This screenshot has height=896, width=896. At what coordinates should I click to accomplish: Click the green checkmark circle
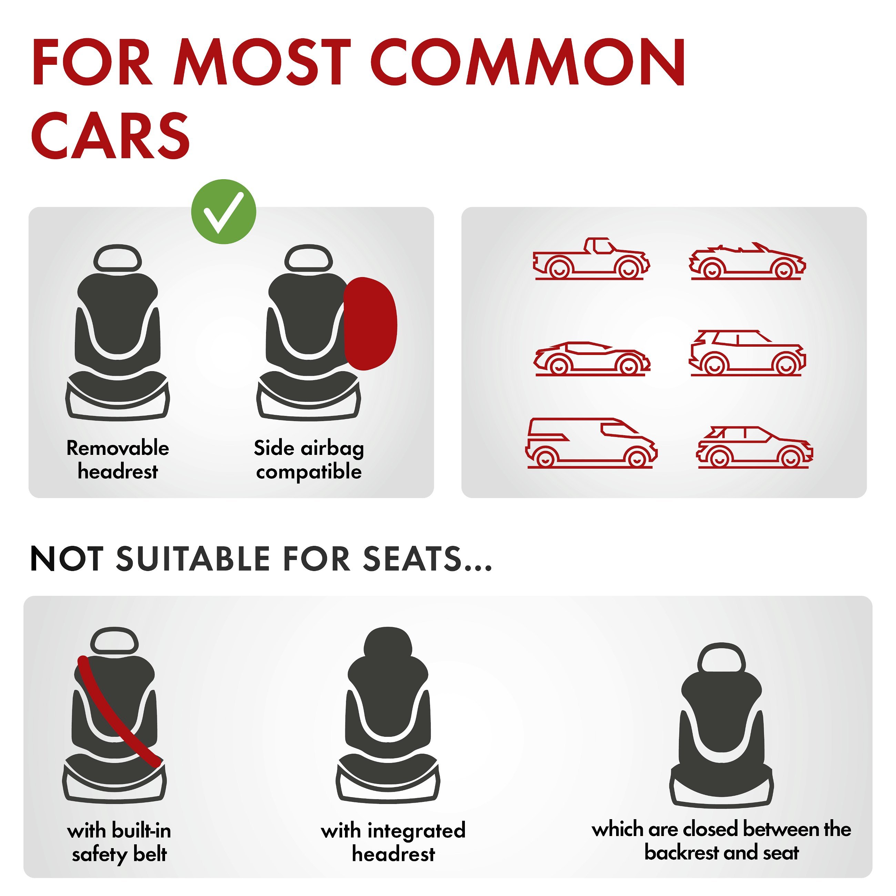tap(224, 212)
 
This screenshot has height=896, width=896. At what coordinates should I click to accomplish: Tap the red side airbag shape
tap(370, 323)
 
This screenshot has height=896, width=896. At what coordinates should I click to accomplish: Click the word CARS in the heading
tap(110, 135)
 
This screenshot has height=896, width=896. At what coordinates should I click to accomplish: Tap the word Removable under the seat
tap(118, 448)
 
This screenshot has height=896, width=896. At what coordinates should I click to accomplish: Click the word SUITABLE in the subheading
tap(193, 559)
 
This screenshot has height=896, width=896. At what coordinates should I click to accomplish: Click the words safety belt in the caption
tap(119, 855)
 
